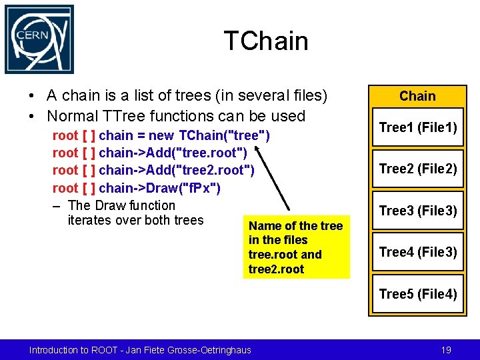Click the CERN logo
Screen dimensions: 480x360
click(x=39, y=39)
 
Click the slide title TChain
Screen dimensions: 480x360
click(x=266, y=41)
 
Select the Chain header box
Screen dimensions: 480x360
click(x=417, y=96)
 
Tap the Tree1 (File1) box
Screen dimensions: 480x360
click(x=417, y=127)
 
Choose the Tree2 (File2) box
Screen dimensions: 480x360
click(x=417, y=169)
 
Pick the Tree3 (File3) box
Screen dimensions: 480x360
click(x=417, y=211)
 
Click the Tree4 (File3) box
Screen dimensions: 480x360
click(x=417, y=251)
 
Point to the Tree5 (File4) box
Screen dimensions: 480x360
click(x=417, y=293)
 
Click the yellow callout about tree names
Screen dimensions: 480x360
click(x=296, y=247)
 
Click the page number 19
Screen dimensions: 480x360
click(x=446, y=349)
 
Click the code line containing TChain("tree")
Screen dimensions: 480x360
click(x=161, y=136)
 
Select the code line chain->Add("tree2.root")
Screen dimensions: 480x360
click(x=153, y=171)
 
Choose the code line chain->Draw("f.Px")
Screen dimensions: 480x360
click(x=136, y=188)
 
